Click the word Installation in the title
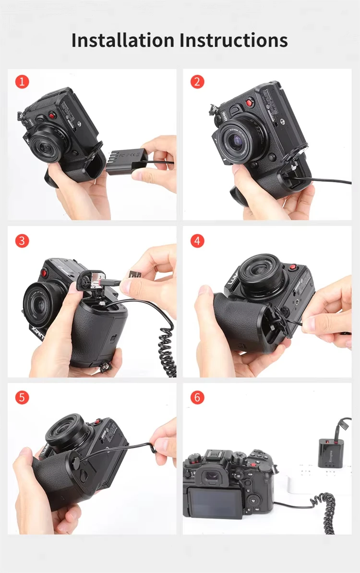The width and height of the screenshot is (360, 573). click(x=124, y=40)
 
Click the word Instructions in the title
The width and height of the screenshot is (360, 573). click(x=234, y=40)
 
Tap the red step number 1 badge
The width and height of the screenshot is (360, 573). click(x=22, y=81)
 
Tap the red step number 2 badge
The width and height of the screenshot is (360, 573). click(x=197, y=81)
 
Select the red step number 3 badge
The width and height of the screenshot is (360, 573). click(x=22, y=240)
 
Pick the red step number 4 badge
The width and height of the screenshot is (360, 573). click(x=197, y=240)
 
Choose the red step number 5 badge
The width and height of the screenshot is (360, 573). click(x=22, y=397)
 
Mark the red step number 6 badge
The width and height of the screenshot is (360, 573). click(x=197, y=397)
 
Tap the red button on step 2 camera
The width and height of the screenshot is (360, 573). click(x=249, y=102)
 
